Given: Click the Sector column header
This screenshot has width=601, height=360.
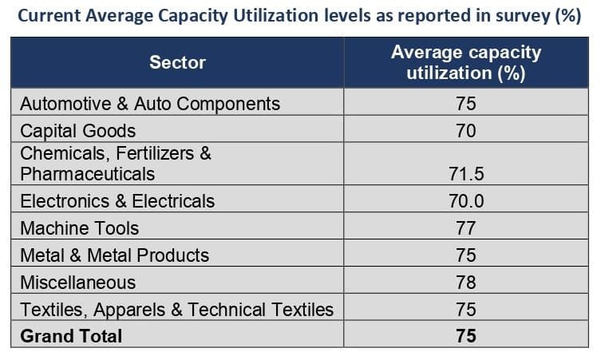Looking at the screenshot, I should tap(177, 62).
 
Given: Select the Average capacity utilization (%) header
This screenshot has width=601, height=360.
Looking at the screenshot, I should tap(465, 63).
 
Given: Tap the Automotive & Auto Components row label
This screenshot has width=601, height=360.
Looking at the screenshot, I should tap(150, 104).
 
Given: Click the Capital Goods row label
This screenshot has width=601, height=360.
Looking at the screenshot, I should tap(78, 130).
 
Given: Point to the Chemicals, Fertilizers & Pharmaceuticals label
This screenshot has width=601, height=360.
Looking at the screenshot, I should tap(116, 163).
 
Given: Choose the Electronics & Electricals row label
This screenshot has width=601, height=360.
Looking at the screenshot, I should tap(117, 200).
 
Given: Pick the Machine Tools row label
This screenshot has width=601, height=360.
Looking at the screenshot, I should tap(80, 227).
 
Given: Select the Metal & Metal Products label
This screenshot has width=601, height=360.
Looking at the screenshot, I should tap(115, 255).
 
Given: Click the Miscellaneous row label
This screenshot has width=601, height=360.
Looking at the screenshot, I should tap(78, 282).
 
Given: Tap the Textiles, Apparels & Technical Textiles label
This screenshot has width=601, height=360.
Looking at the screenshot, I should tap(177, 309).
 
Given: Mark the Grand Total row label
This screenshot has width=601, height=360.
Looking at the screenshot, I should tap(71, 336).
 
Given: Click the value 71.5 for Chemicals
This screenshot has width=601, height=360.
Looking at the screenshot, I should tap(466, 173).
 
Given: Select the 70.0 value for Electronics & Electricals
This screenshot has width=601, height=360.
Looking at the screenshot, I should tap(466, 200).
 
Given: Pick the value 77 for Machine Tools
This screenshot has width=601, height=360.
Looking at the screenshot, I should tap(466, 227).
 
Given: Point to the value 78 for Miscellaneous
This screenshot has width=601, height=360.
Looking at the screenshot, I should tap(466, 282).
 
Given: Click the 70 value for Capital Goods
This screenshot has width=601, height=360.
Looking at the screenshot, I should tap(466, 130).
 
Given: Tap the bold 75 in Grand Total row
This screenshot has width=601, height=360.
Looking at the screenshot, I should tap(466, 336).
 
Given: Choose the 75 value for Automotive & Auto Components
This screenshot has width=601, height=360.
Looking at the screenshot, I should tap(466, 104).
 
